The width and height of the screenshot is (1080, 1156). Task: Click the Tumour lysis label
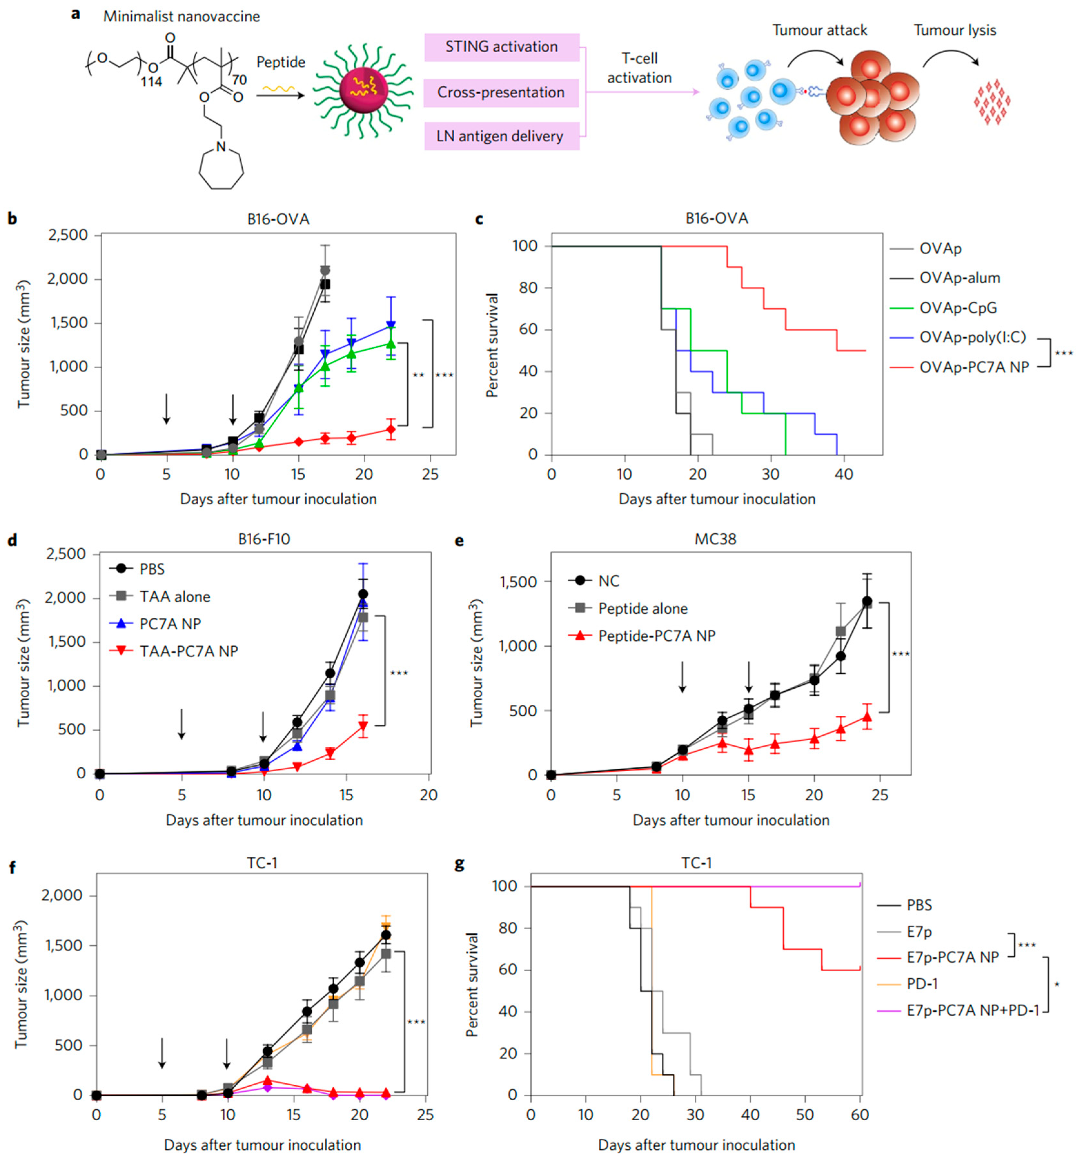point(955,30)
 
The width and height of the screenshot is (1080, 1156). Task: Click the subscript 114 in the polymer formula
point(151,82)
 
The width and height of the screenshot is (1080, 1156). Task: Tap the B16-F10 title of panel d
point(264,539)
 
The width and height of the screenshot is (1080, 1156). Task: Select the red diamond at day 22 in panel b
point(391,430)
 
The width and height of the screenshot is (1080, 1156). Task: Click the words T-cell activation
point(639,68)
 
